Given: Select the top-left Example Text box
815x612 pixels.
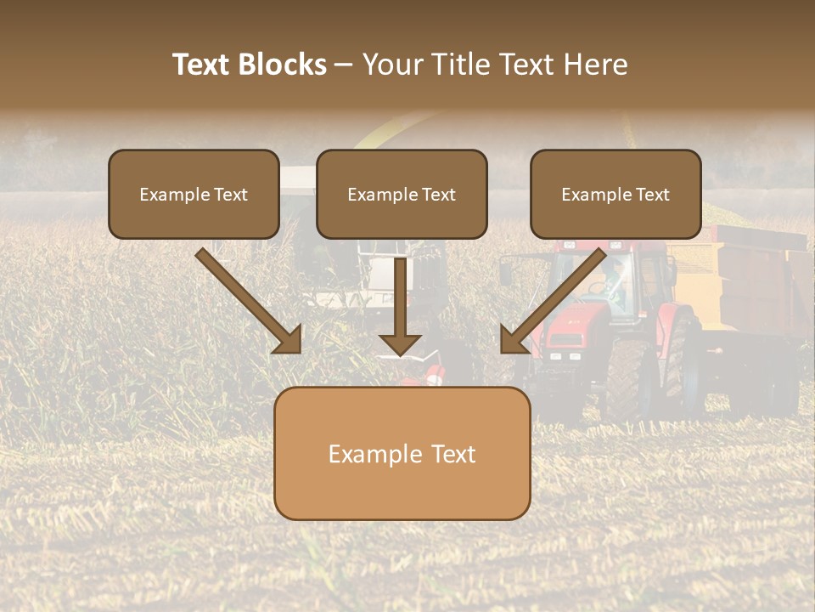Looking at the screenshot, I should click(194, 194).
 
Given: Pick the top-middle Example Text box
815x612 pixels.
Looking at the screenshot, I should click(402, 194).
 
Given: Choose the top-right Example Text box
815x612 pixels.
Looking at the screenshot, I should click(615, 194).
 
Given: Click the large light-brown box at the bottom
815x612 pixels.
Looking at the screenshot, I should click(402, 453).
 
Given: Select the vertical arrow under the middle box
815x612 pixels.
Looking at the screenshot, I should click(401, 306).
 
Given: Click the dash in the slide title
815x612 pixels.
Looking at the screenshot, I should click(344, 65).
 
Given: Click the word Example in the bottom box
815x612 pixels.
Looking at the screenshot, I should click(371, 454).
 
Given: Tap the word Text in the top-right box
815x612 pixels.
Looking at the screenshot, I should click(652, 195).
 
